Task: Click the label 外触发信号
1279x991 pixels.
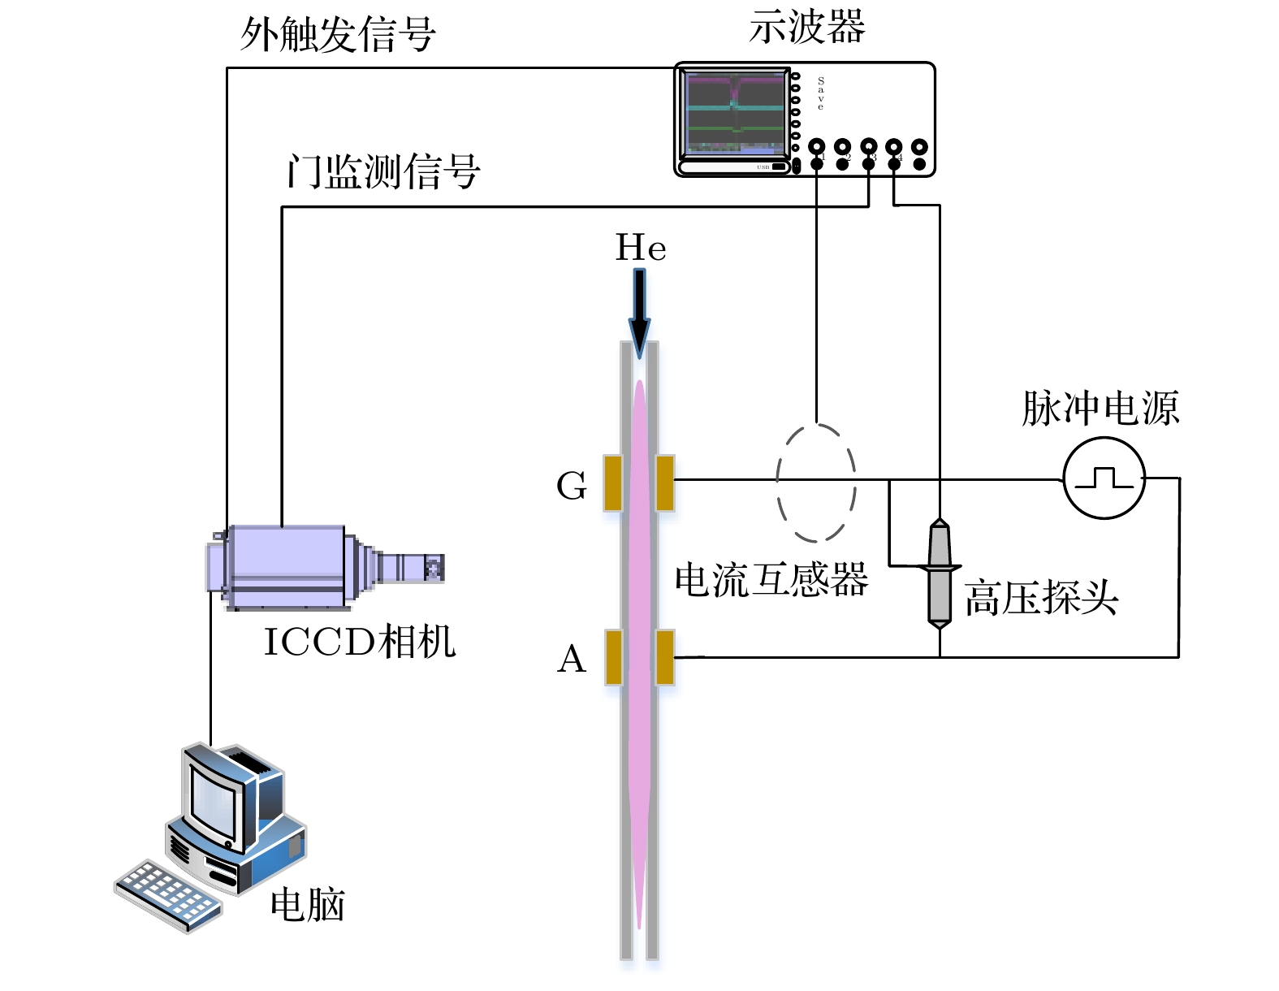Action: click(338, 35)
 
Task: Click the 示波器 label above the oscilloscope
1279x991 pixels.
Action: click(806, 28)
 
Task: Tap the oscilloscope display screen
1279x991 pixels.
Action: click(735, 114)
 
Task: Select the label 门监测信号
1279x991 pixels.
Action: click(382, 172)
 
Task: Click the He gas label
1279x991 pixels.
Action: click(641, 248)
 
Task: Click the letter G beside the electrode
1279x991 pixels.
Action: click(572, 486)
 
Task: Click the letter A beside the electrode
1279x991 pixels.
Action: click(572, 659)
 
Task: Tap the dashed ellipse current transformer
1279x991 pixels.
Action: click(816, 483)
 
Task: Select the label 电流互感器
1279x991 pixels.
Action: click(771, 580)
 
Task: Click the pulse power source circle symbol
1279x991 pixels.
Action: click(1104, 478)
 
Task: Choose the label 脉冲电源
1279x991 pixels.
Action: click(1100, 408)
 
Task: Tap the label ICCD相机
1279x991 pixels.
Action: click(360, 642)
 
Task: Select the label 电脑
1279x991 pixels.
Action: click(308, 904)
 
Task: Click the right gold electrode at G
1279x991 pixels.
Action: click(665, 483)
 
